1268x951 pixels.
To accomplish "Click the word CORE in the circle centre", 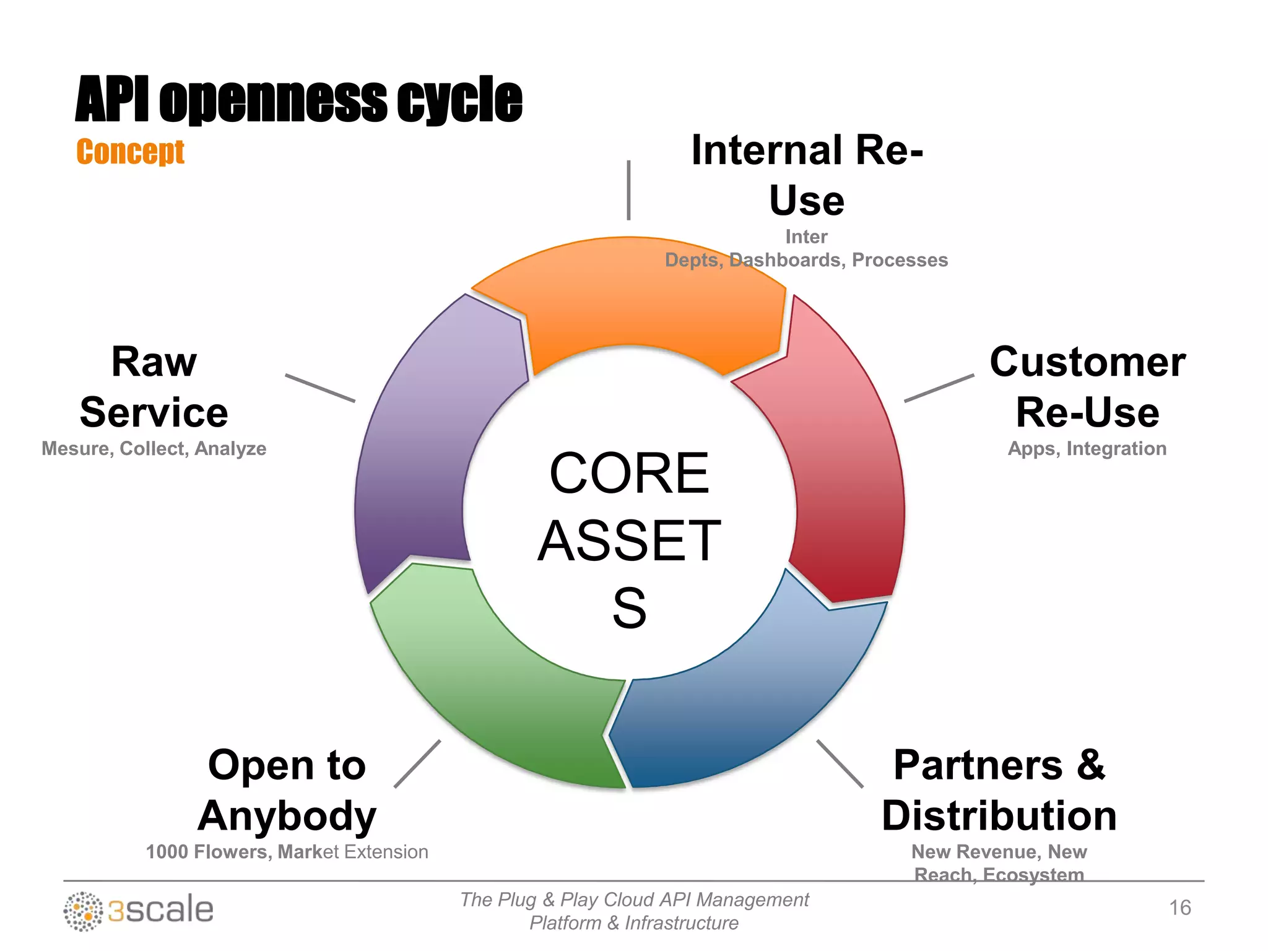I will tap(629, 474).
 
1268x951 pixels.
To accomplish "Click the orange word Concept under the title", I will tap(130, 152).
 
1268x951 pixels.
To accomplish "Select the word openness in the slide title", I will tap(273, 100).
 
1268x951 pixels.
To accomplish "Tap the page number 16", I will tap(1179, 908).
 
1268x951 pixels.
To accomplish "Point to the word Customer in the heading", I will tap(1087, 362).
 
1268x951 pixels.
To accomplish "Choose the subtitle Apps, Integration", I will tap(1087, 449).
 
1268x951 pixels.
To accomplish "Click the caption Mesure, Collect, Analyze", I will tap(154, 449).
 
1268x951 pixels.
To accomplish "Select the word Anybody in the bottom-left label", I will tap(287, 816).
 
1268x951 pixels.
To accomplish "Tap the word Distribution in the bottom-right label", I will tap(999, 816).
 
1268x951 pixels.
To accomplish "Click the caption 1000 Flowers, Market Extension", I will tap(287, 852).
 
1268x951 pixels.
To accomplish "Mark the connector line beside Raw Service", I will tap(320, 388).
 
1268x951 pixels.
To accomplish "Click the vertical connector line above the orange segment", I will tap(628, 190).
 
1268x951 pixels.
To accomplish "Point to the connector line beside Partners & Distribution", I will tap(840, 763).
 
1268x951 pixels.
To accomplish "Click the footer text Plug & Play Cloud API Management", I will tap(634, 900).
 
